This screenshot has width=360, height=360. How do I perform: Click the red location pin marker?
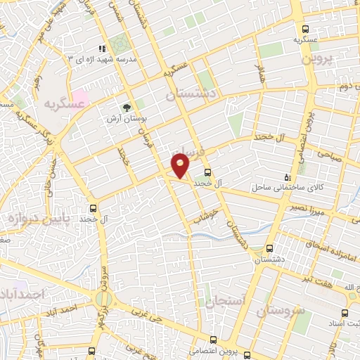point(181,166)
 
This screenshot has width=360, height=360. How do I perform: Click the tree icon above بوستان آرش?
point(127,107)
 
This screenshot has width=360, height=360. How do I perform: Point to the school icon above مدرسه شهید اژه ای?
point(102,49)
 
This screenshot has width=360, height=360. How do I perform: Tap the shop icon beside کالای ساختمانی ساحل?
point(285,176)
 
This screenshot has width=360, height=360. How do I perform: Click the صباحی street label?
point(328,154)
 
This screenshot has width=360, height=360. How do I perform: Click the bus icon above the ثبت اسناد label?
point(345,314)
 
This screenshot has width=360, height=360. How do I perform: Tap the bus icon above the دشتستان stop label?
point(269,249)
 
